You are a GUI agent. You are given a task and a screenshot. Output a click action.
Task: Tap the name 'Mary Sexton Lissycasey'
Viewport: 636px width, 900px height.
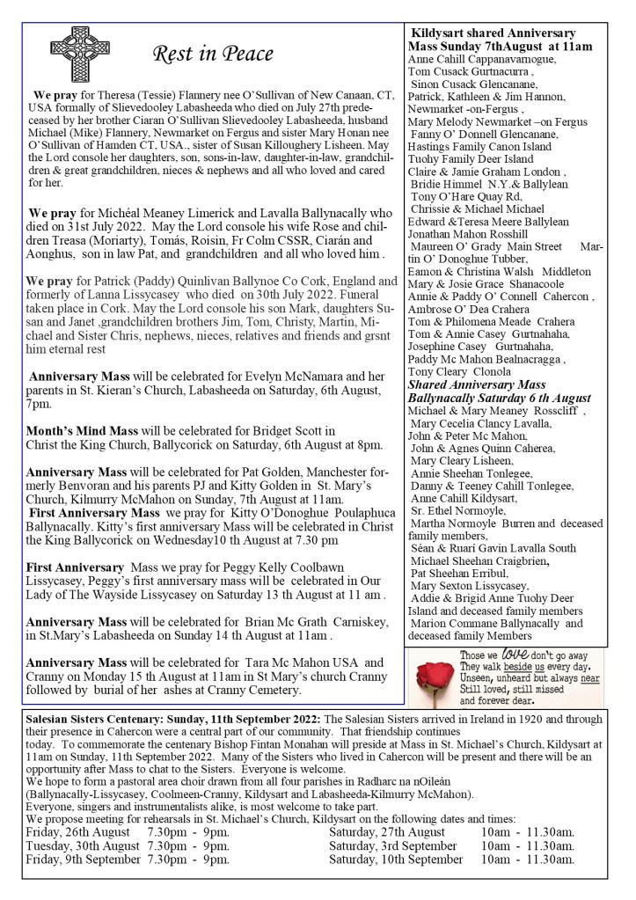point(469,586)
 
